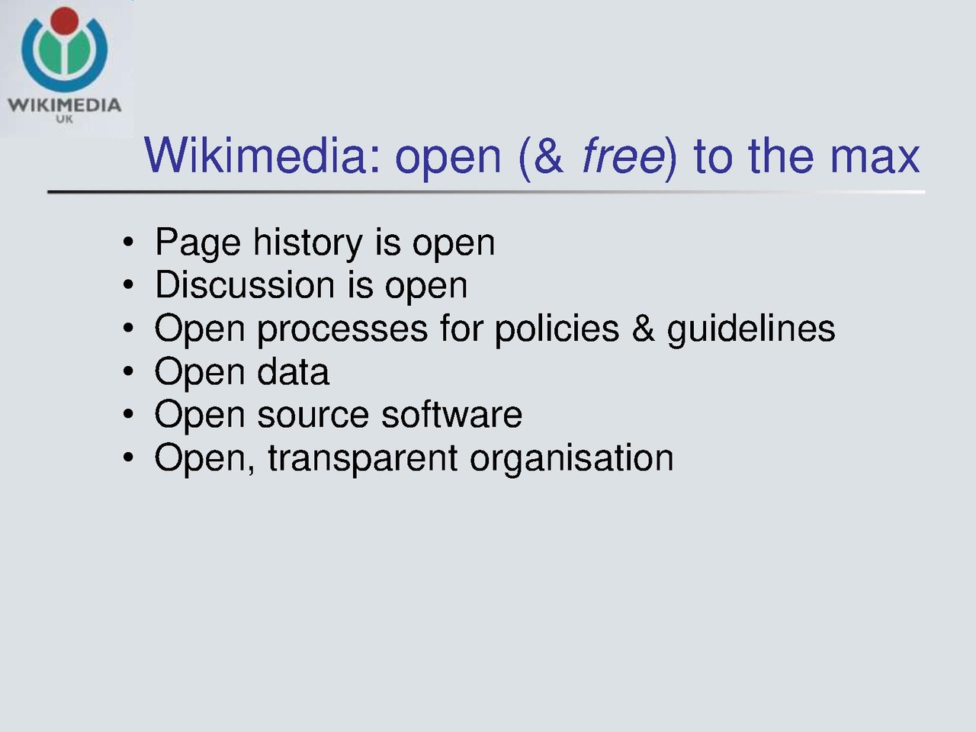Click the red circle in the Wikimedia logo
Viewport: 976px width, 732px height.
point(65,21)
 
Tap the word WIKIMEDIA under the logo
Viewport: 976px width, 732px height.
point(65,105)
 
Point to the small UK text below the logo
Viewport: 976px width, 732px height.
point(65,119)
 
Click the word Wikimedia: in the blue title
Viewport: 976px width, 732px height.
point(263,155)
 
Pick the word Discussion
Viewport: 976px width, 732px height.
point(245,285)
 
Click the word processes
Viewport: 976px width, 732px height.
point(342,329)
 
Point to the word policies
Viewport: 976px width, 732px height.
point(557,329)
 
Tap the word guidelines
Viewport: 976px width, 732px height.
point(751,329)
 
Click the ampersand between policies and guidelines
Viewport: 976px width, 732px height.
point(644,328)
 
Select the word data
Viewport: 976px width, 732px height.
point(293,371)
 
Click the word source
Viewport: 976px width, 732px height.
point(313,416)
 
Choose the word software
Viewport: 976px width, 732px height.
point(451,414)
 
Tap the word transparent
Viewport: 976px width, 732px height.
point(362,460)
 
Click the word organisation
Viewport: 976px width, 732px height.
point(572,460)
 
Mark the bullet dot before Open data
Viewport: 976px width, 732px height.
point(128,371)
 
